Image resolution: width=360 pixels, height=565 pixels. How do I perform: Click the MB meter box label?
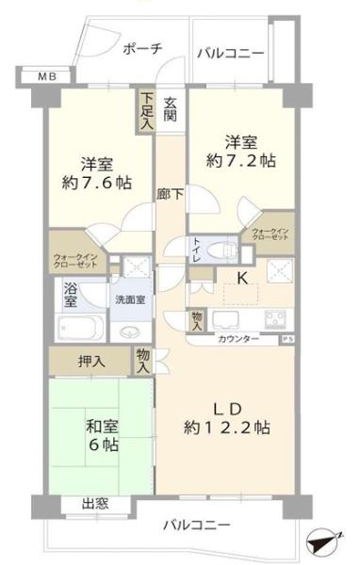[48, 76]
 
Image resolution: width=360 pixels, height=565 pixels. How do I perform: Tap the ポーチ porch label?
[143, 49]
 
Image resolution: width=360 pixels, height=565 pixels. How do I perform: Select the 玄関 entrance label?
[171, 109]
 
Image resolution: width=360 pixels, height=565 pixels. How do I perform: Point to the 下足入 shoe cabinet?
[147, 111]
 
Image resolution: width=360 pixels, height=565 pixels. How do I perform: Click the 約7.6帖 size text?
[97, 183]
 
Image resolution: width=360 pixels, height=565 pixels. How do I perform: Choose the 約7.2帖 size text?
[240, 160]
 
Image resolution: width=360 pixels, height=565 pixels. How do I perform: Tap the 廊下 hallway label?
[170, 195]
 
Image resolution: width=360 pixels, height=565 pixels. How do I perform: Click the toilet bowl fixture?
[223, 250]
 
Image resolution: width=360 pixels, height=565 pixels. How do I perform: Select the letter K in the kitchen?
[242, 278]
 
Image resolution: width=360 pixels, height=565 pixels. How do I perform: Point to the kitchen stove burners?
[275, 319]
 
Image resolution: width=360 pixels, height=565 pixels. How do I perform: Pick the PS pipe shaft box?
[287, 339]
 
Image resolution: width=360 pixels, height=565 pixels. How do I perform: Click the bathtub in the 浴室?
[81, 328]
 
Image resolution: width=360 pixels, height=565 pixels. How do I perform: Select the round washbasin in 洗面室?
[130, 331]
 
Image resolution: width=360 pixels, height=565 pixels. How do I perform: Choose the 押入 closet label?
[91, 362]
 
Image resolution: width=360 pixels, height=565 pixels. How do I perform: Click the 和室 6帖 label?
[102, 436]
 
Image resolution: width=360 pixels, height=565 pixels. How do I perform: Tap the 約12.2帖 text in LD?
[227, 428]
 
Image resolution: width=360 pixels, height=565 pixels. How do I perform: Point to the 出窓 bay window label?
[95, 504]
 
